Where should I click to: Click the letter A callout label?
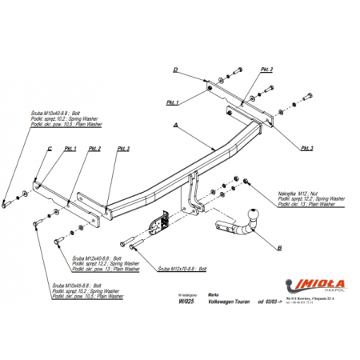tap(174, 126)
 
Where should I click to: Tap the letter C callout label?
tap(50, 148)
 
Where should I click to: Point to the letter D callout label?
tap(174, 70)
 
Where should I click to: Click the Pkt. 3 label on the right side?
tap(307, 149)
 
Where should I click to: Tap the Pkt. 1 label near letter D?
tap(171, 102)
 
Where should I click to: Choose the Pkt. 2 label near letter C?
tap(94, 149)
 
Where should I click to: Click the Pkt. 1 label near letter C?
tap(70, 149)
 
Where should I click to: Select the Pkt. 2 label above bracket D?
tap(266, 70)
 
